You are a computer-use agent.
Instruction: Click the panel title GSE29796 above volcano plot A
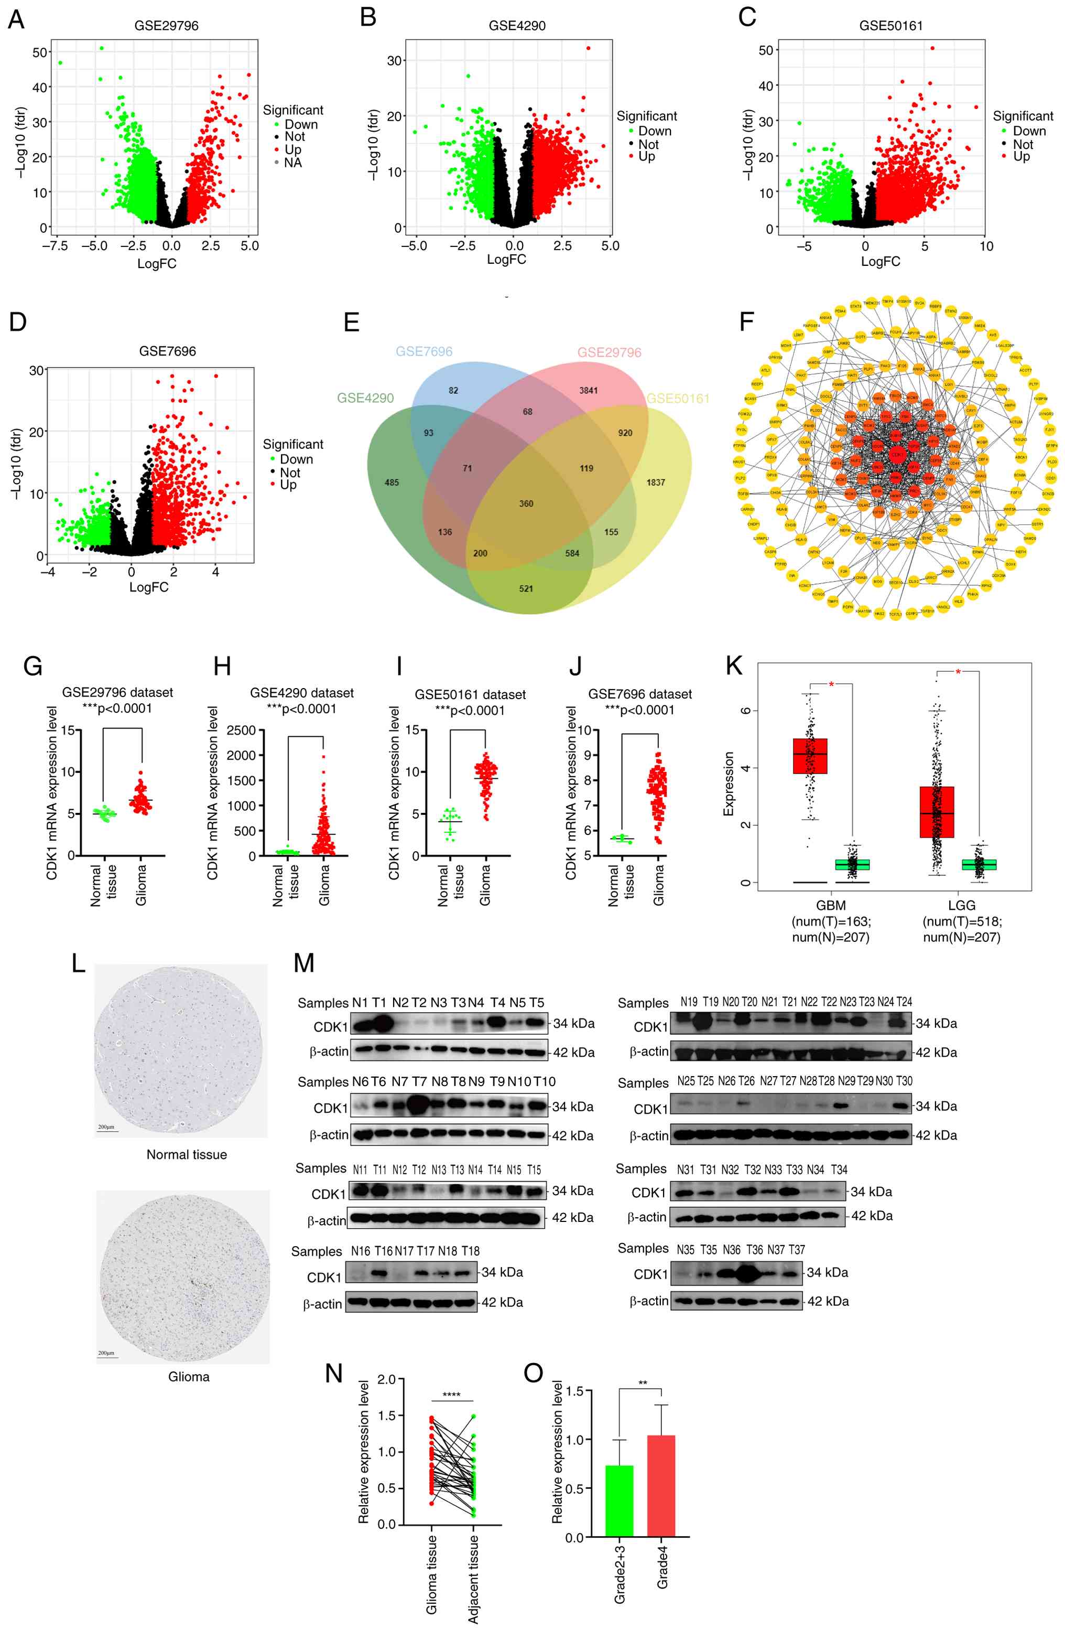(167, 25)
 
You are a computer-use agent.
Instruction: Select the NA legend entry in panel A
(292, 163)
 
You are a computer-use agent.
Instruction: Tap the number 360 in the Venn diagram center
(526, 503)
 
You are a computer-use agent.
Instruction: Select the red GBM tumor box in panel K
(810, 756)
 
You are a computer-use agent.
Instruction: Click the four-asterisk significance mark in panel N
(451, 1395)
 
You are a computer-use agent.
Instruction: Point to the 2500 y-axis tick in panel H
(241, 730)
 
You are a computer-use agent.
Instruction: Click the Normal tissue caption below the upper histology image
(186, 1155)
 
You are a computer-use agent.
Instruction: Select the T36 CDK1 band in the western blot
(752, 1274)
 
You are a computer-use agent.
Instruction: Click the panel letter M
(303, 963)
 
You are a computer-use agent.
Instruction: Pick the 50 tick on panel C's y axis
(766, 50)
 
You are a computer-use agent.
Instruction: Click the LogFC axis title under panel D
(149, 587)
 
